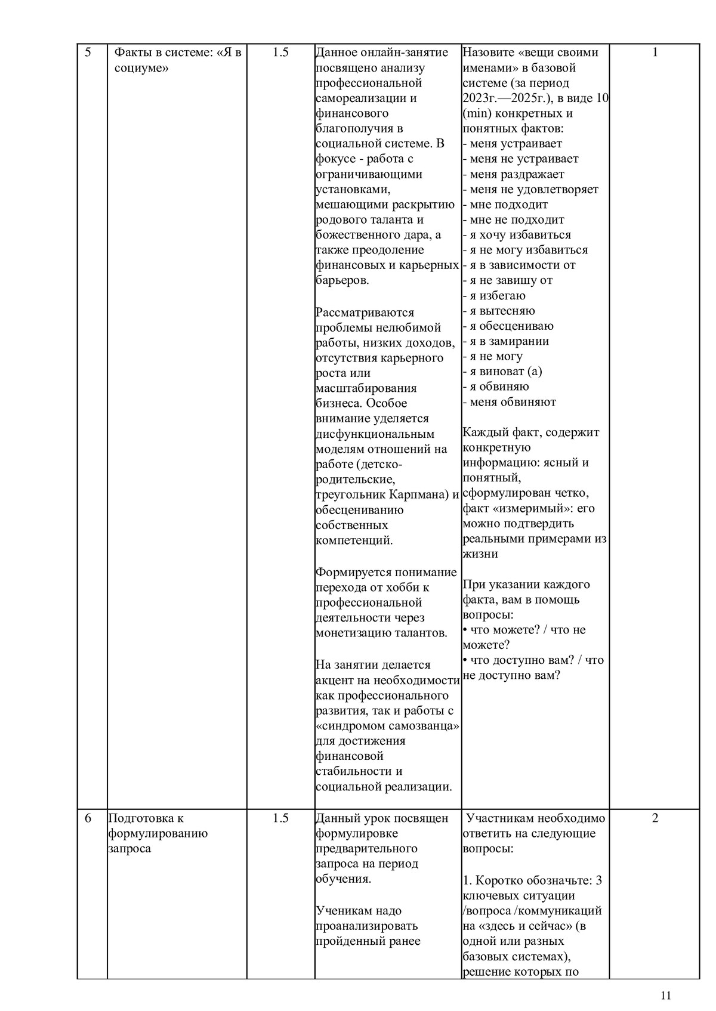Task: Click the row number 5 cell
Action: click(88, 52)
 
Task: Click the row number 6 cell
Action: click(88, 818)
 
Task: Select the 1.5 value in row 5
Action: click(280, 52)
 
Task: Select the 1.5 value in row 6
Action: click(280, 818)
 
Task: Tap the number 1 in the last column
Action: click(655, 52)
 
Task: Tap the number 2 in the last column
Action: click(655, 818)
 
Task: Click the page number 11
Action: click(666, 995)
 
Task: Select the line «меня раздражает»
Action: click(513, 174)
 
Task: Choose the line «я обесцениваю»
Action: click(508, 326)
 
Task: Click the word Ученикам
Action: click(342, 911)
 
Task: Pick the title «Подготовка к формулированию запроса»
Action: click(158, 833)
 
